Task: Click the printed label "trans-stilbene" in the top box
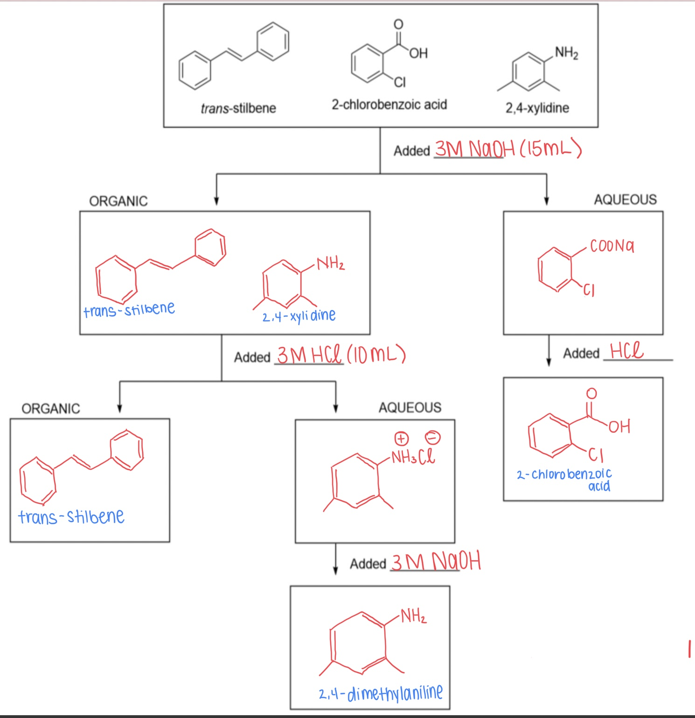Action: coord(238,108)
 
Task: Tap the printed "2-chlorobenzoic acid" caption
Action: coord(389,105)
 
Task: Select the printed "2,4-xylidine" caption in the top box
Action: coord(537,108)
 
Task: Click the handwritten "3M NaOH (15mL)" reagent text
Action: coord(508,149)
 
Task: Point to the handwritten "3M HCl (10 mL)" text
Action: coord(341,355)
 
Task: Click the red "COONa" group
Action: coord(612,246)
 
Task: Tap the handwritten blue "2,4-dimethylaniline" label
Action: coord(381,693)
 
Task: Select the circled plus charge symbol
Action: coord(402,438)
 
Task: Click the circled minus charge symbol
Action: coord(432,438)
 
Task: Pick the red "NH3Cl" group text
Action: coord(413,457)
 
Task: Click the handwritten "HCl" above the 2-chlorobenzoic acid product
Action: coord(626,350)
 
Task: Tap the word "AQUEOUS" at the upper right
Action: coord(625,200)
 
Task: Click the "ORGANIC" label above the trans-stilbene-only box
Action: coord(51,409)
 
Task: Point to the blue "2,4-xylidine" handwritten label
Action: coord(299,316)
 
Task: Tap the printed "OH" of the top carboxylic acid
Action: coord(418,53)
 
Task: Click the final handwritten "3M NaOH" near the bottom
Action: coord(436,561)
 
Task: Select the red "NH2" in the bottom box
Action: coord(413,616)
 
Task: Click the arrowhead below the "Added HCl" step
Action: coord(549,362)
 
